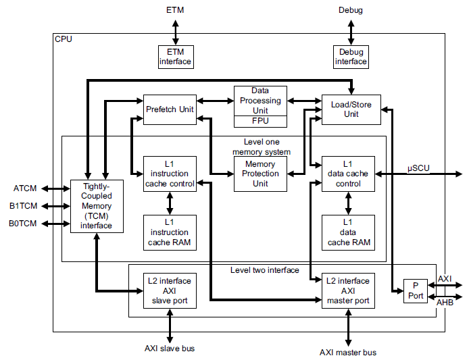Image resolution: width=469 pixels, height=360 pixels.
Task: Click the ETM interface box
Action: tap(175, 57)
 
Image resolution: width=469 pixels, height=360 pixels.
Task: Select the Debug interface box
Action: tap(351, 57)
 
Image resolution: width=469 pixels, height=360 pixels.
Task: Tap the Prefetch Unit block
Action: tap(170, 109)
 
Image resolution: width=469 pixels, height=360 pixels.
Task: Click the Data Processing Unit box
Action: tap(260, 101)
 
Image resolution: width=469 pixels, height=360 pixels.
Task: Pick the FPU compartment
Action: tap(260, 122)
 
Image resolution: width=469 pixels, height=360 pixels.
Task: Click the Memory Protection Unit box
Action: tap(260, 174)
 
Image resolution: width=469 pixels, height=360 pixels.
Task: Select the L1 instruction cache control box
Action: tap(170, 174)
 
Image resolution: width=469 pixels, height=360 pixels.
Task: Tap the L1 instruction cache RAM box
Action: tap(170, 232)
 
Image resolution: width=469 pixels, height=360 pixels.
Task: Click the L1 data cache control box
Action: tap(349, 174)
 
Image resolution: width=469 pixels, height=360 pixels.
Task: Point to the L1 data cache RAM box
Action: tap(349, 232)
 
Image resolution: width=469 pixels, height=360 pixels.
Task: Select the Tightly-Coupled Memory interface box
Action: tap(97, 206)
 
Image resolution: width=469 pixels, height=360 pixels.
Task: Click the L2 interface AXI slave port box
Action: tap(170, 290)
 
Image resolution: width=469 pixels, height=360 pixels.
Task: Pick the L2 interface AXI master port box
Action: tap(349, 290)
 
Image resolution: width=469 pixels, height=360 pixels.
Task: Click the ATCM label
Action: tap(25, 188)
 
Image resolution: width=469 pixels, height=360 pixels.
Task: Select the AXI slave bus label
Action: tap(170, 349)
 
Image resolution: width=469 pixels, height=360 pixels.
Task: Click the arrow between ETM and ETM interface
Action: tap(175, 32)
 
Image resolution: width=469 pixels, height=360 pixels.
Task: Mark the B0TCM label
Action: tap(24, 224)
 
